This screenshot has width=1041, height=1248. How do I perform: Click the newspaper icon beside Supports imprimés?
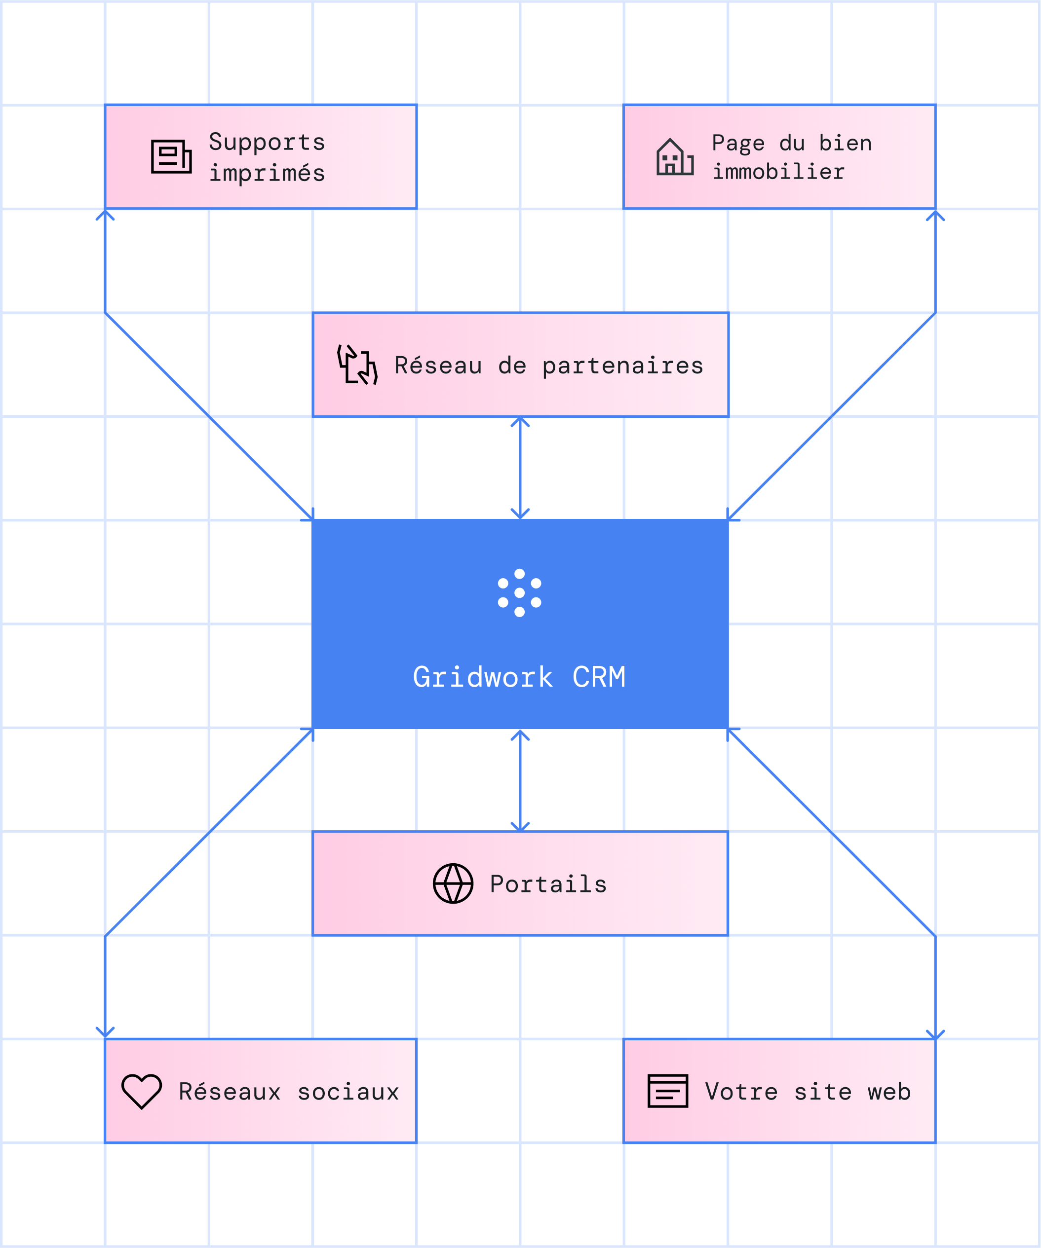171,156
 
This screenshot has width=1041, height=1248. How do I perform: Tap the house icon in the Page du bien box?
675,157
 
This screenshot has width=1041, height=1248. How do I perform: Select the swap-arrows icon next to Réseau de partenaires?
357,365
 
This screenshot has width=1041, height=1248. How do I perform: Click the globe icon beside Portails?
453,883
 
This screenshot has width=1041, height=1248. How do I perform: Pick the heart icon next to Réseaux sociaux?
142,1091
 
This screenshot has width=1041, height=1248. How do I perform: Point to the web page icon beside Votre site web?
668,1091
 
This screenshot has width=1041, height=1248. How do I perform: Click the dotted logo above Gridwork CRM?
520,592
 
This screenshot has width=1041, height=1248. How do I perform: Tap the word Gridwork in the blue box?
483,677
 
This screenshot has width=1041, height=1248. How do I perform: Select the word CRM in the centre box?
599,677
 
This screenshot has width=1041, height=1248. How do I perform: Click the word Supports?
267,142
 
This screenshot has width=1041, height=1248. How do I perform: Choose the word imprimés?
267,173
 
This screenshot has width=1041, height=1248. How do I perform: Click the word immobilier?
778,172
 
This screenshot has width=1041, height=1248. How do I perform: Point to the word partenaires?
622,366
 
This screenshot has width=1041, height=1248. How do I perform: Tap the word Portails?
548,884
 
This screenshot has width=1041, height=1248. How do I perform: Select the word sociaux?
348,1092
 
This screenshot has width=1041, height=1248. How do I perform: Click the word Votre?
741,1092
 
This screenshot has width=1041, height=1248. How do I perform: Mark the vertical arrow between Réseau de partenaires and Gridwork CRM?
520,468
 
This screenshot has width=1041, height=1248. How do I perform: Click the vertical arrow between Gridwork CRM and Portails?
520,780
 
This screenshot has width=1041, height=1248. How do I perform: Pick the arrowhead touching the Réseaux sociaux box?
105,1033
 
